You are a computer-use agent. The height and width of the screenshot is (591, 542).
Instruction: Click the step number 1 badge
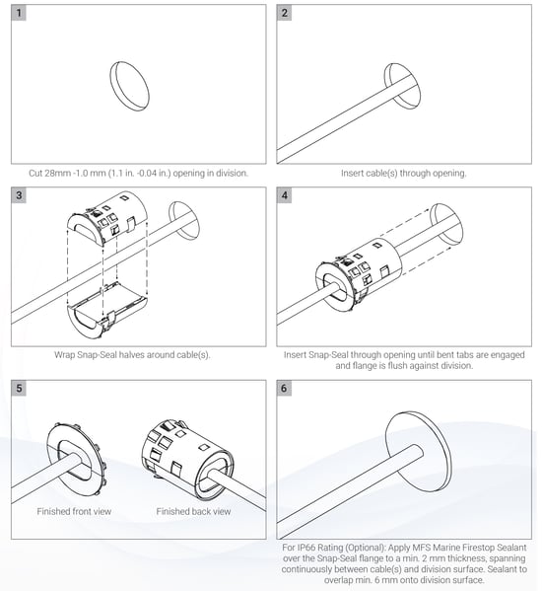point(19,13)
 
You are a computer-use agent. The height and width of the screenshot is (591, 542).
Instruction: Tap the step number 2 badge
point(284,13)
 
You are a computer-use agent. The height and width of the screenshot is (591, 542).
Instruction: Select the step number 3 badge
point(19,195)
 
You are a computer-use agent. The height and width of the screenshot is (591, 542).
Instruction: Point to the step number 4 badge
point(284,195)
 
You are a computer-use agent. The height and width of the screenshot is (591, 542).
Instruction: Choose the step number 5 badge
point(19,388)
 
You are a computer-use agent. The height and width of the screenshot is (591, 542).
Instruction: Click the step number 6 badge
point(284,388)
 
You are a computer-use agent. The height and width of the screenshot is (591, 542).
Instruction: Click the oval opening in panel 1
point(130,86)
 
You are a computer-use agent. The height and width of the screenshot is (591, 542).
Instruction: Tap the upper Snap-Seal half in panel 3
point(107,219)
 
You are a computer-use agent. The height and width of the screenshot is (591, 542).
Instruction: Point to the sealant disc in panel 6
point(419,452)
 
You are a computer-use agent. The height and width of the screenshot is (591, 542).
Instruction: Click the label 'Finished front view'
point(74,511)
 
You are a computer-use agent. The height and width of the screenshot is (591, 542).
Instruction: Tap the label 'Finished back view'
point(193,511)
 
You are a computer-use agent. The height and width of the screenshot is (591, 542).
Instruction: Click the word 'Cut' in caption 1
point(35,174)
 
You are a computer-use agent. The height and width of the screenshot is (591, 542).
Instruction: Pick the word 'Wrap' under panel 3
point(64,355)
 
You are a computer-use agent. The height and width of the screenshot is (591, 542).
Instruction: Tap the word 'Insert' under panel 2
point(353,174)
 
